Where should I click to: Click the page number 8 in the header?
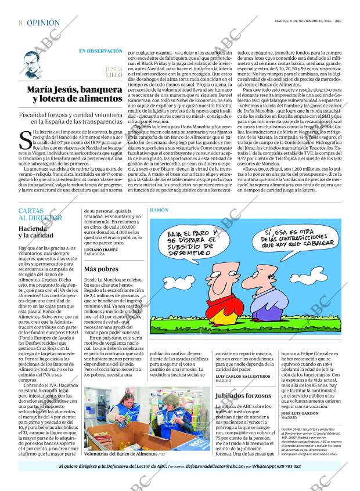(x=20, y=23)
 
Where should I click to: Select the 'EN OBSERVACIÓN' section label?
(x=100, y=51)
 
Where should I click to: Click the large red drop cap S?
(x=25, y=141)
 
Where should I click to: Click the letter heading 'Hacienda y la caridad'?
(x=38, y=233)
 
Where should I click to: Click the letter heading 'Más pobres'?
(x=101, y=269)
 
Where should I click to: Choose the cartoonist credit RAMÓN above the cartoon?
(x=159, y=209)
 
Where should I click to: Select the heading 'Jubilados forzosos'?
(x=243, y=395)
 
